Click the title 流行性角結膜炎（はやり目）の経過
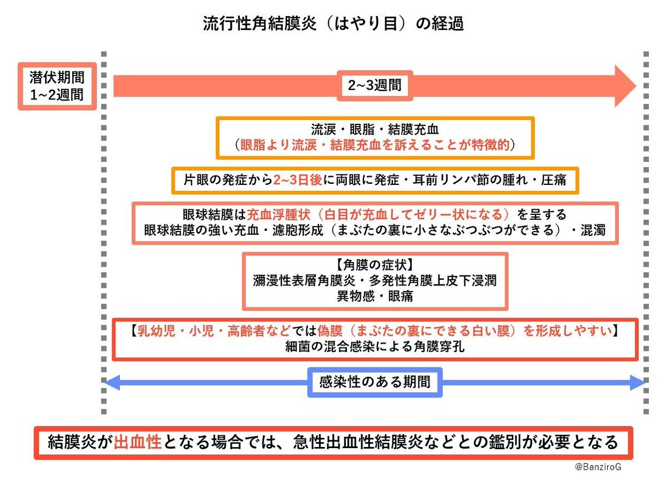(x=333, y=23)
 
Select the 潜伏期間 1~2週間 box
(x=57, y=86)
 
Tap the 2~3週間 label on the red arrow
(x=375, y=86)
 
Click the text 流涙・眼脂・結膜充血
(x=375, y=129)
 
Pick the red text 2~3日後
(x=297, y=180)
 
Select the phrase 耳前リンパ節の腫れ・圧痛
(x=490, y=180)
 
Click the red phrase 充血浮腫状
(x=278, y=214)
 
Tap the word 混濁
(x=593, y=230)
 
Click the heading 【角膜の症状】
(x=375, y=264)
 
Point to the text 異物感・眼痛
(x=375, y=296)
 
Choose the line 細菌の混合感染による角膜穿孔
(x=375, y=347)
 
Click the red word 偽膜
(x=330, y=330)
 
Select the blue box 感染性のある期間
(x=375, y=382)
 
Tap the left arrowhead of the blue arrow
(x=112, y=383)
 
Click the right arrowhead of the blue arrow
(x=638, y=383)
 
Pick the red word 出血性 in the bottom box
(x=138, y=442)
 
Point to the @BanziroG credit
(x=598, y=466)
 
